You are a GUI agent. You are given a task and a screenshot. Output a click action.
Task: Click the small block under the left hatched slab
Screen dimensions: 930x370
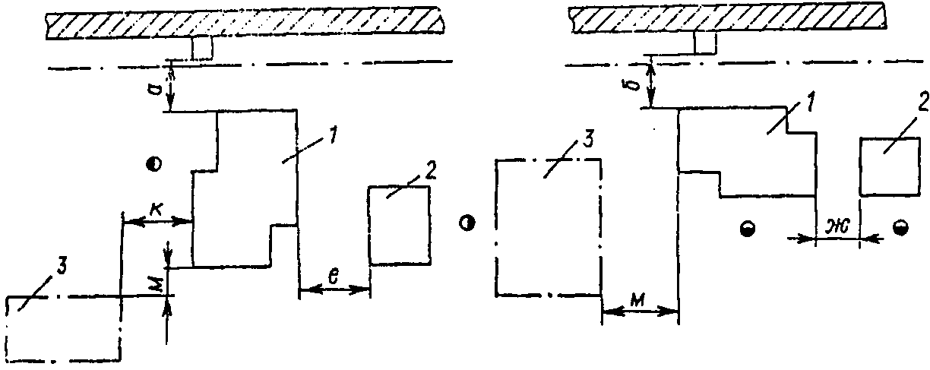click(202, 49)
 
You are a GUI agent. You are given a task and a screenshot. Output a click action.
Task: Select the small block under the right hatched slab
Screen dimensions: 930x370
click(704, 44)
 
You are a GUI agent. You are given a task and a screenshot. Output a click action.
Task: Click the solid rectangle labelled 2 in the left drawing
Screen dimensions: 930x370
click(399, 226)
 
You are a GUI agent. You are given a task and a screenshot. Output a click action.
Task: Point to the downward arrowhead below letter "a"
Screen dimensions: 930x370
click(171, 104)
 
